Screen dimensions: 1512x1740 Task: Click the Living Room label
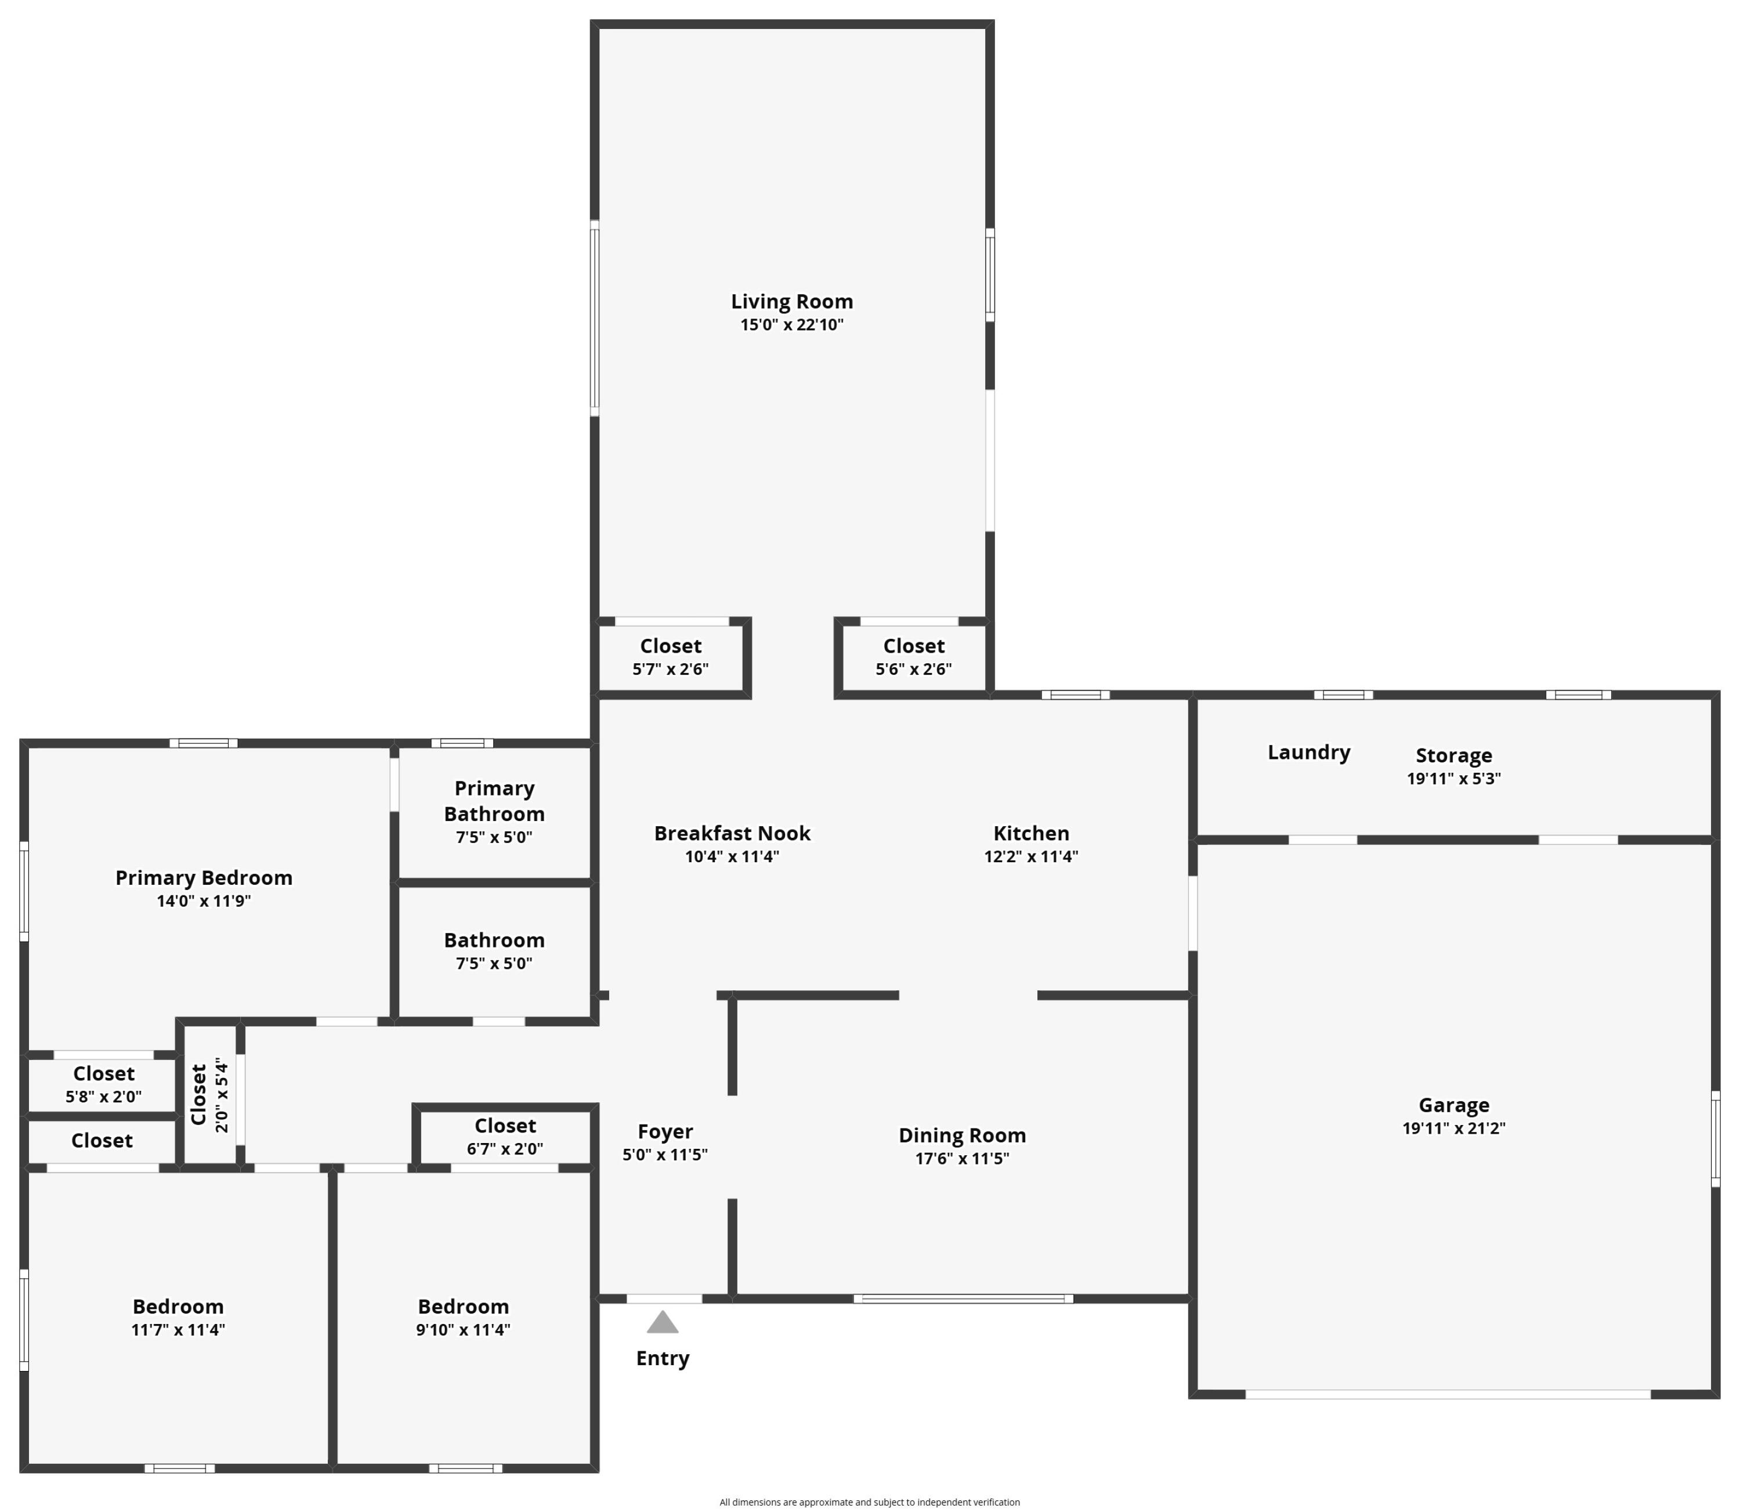(x=791, y=301)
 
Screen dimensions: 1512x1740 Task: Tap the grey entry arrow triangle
(x=663, y=1322)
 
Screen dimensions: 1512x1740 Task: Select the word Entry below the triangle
(x=663, y=1358)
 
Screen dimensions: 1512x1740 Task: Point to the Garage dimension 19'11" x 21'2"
(x=1453, y=1128)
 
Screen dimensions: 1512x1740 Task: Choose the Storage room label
(x=1453, y=755)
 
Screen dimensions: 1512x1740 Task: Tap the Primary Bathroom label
(x=494, y=801)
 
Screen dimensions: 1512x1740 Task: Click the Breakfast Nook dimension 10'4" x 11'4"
(x=731, y=856)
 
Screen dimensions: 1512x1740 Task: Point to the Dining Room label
(x=961, y=1135)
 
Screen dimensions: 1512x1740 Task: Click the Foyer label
(x=665, y=1131)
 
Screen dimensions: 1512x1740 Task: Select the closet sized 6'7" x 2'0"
(x=505, y=1135)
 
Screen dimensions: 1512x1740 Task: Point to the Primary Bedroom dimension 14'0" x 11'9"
(x=204, y=900)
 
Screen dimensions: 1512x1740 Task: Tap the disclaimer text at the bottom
(x=869, y=1502)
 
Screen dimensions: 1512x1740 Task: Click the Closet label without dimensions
(x=102, y=1141)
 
